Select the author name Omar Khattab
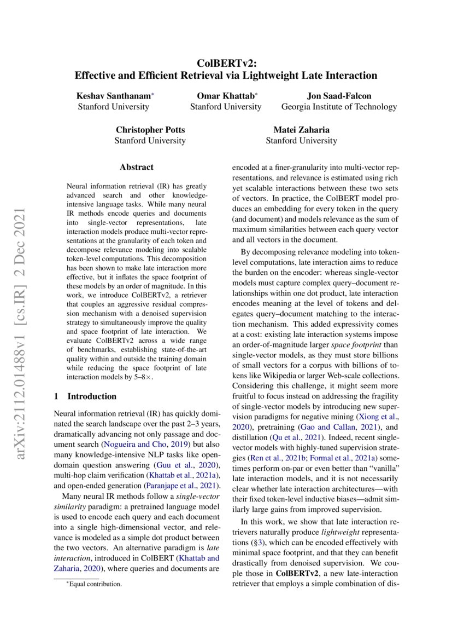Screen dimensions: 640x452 (224, 96)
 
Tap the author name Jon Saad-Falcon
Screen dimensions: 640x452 (339, 96)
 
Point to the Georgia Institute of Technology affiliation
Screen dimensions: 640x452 (339, 107)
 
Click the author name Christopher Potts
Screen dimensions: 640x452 (150, 130)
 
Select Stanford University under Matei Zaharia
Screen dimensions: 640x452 (301, 141)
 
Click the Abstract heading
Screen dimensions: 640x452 (136, 167)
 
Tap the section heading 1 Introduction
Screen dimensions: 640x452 (86, 396)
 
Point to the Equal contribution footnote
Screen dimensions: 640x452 (93, 584)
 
